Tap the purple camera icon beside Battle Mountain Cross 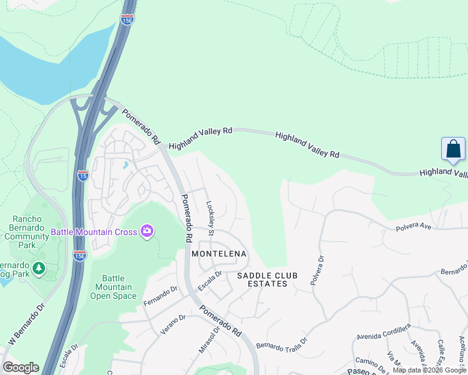tap(147, 232)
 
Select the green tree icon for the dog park tap(39, 268)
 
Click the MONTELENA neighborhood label tap(219, 254)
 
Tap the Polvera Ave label tap(414, 227)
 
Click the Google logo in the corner tap(21, 367)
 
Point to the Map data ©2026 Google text tap(429, 370)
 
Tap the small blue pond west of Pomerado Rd tap(126, 165)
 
